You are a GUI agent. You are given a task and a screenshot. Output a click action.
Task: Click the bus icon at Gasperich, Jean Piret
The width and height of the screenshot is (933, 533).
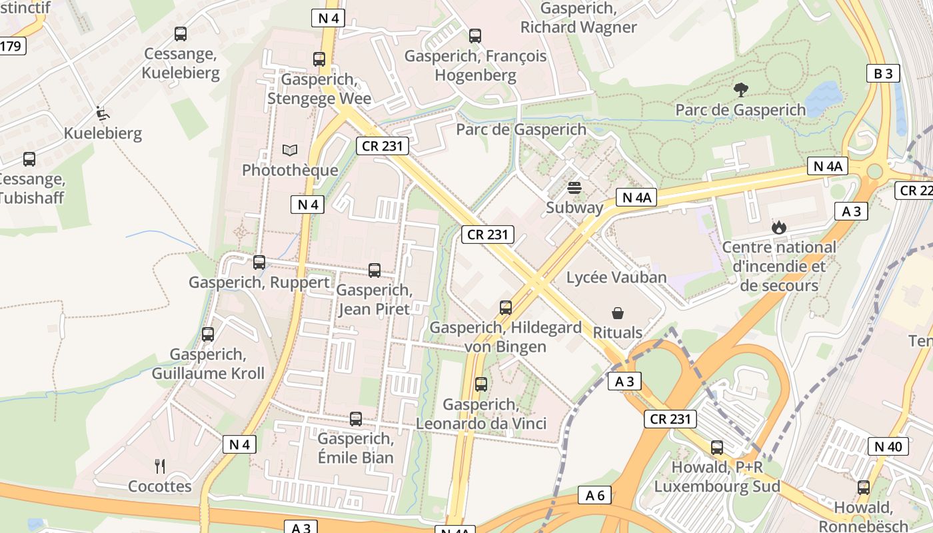(375, 270)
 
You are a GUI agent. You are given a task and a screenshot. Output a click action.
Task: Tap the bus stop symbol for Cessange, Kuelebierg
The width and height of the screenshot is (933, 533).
(180, 34)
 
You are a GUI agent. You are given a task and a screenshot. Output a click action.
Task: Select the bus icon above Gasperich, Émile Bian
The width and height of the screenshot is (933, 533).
(356, 419)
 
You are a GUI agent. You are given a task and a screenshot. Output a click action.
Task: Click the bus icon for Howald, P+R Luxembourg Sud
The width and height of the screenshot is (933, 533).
(717, 448)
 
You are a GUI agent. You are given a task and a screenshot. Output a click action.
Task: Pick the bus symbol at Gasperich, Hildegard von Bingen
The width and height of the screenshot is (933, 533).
(506, 308)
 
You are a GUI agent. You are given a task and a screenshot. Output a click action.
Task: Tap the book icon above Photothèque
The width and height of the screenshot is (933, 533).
(290, 151)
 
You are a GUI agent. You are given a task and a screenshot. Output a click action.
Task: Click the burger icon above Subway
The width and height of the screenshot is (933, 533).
(574, 188)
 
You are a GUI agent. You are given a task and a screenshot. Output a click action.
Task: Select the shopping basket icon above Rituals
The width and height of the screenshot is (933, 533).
(618, 313)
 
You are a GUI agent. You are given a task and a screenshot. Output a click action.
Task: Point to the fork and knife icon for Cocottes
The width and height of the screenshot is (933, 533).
(160, 466)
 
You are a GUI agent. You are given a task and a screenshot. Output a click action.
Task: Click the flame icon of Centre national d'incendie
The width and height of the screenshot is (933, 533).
(779, 228)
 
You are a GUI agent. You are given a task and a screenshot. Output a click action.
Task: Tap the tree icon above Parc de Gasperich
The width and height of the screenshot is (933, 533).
(740, 90)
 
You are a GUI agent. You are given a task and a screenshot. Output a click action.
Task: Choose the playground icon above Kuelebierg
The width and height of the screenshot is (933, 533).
(102, 114)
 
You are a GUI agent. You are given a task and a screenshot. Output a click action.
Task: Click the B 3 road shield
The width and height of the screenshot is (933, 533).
(883, 73)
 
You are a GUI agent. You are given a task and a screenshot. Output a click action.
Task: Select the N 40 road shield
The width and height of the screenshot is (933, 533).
(888, 446)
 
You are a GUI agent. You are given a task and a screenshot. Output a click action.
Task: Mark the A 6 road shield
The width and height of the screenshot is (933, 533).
(594, 495)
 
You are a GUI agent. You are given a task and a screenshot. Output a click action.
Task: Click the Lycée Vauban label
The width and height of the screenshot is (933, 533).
(616, 277)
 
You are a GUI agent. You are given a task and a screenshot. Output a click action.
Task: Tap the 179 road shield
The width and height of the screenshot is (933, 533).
(12, 46)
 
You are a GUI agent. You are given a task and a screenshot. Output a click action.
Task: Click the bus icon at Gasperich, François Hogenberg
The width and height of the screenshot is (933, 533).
(475, 36)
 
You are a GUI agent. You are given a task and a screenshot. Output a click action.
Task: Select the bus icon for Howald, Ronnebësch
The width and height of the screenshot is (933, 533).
(864, 488)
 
